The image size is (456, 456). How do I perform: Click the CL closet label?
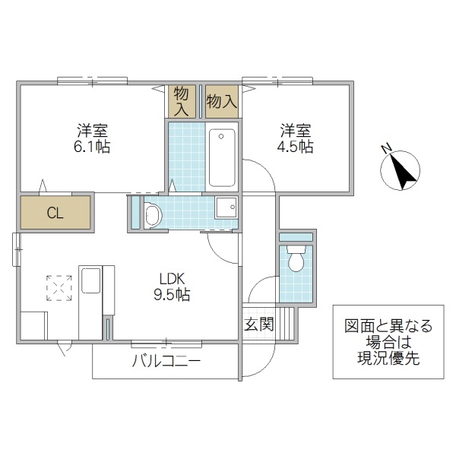(x=55, y=213)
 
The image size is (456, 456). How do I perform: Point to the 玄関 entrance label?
(x=258, y=325)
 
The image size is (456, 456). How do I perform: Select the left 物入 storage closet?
(x=181, y=101)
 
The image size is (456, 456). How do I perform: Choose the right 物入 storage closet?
(x=222, y=101)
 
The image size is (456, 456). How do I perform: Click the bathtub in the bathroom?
(x=222, y=157)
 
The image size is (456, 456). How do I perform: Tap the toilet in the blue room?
(x=296, y=261)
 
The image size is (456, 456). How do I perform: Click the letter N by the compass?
(x=387, y=147)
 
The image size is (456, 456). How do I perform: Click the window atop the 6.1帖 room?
(x=91, y=79)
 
